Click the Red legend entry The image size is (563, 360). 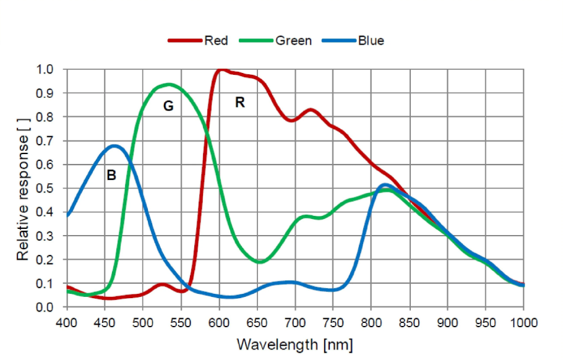pos(198,41)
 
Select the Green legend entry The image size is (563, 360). pos(275,41)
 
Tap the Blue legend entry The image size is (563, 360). pos(353,41)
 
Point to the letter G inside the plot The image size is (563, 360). pos(168,106)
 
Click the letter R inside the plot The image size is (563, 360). pos(240,102)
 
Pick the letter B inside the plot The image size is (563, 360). pos(111,175)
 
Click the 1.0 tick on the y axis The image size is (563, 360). pos(45,69)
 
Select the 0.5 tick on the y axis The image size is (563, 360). pos(45,188)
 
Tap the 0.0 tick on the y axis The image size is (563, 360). pos(45,307)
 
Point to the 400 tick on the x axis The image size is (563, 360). pos(66,323)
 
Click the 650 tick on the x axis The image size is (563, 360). pos(257,323)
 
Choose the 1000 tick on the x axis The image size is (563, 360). pos(524,323)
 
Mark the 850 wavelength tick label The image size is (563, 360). pos(410,323)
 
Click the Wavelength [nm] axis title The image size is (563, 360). pos(294,345)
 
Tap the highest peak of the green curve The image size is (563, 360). pos(169,85)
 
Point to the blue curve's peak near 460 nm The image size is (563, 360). pos(114,146)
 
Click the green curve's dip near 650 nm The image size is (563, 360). pos(260,261)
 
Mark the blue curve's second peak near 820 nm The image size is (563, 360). pos(385,185)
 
